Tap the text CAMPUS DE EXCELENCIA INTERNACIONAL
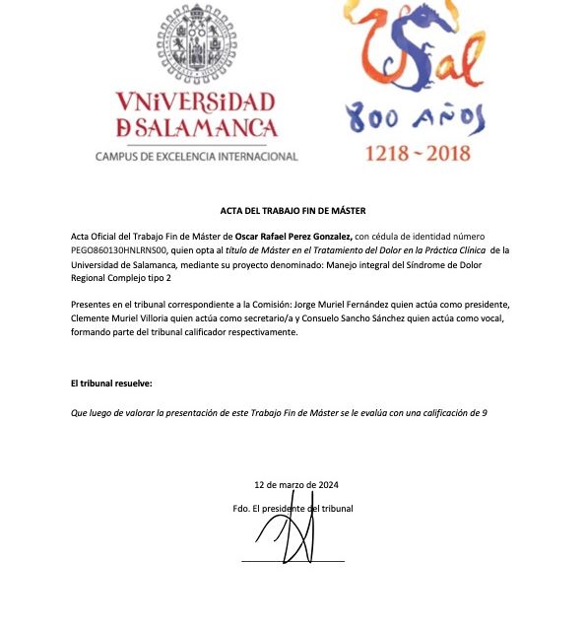pos(197,156)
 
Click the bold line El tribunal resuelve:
pos(111,382)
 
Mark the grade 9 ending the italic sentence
pos(485,412)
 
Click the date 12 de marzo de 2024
pos(295,485)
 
